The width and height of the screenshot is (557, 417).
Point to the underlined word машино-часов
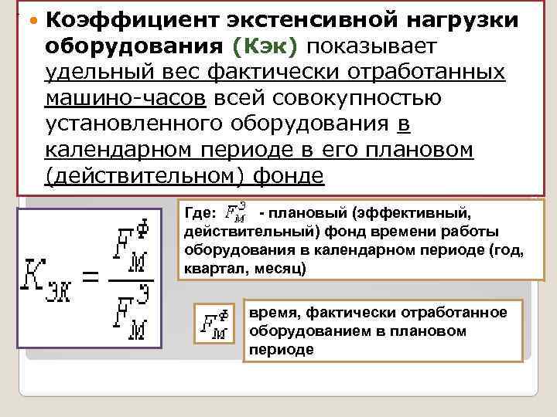[126, 97]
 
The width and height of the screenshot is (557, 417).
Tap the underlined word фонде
[289, 176]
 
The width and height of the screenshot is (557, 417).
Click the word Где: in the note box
[200, 212]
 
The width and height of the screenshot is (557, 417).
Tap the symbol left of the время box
[214, 324]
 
